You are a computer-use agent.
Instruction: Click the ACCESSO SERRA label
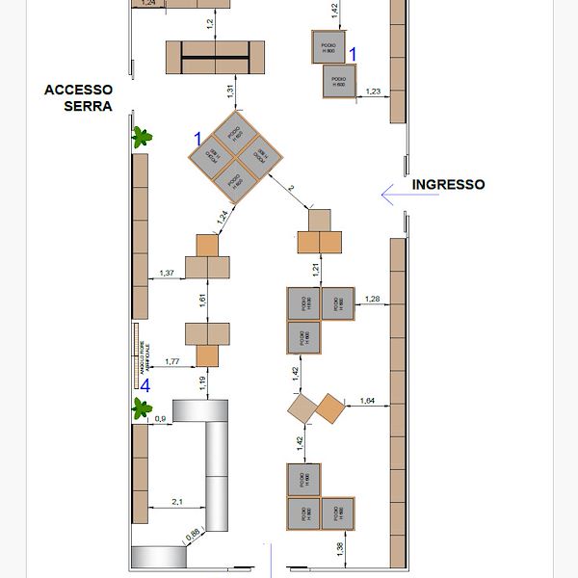(x=79, y=97)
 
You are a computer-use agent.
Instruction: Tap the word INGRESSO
(x=448, y=184)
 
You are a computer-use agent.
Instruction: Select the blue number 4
(x=144, y=385)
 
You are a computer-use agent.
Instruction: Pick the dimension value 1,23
(x=374, y=91)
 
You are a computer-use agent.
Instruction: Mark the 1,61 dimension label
(x=203, y=301)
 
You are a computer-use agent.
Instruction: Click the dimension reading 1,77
(x=172, y=361)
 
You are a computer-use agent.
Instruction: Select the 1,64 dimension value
(x=367, y=400)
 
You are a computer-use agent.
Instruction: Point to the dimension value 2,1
(x=177, y=502)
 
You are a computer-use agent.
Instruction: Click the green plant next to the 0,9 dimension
(x=144, y=409)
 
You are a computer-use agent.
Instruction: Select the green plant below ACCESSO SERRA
(x=144, y=136)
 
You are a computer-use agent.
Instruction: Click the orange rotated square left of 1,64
(x=330, y=408)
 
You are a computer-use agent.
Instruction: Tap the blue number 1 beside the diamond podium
(x=197, y=141)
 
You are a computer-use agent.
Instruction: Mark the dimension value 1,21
(x=314, y=268)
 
